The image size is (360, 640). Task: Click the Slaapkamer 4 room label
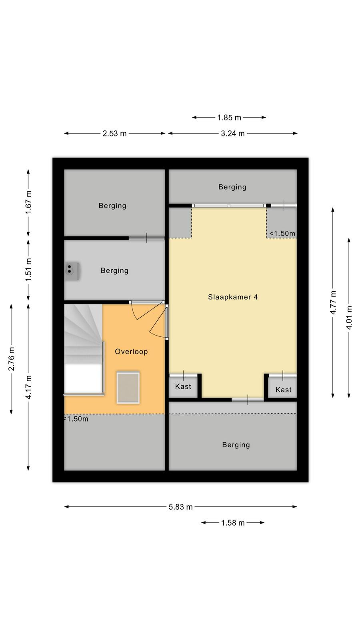pos(233,297)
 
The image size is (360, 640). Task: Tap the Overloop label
pos(131,352)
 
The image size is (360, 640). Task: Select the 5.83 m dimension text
pos(180,507)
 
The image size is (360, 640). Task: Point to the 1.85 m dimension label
pos(229,118)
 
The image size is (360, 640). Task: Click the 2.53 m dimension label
pos(114,134)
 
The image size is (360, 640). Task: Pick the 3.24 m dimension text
pos(232,134)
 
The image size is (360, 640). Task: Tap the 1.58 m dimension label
pos(233,523)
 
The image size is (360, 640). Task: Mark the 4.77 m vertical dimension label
pos(333,302)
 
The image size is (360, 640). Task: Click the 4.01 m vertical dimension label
pos(349,318)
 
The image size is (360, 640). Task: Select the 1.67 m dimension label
pos(28,202)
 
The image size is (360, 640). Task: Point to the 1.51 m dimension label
pos(28,270)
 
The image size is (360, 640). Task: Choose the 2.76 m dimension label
pos(11,359)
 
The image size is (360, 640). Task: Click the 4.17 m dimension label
pos(28,388)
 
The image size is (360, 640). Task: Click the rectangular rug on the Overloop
pos(128,388)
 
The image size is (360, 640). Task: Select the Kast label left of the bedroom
pos(183,386)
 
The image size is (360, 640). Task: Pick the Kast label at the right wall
pos(284,390)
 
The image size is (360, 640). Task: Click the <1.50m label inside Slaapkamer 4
pos(282,234)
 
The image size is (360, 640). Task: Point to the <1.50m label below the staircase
pos(76,419)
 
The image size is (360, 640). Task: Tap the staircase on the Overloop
pos(84,350)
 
